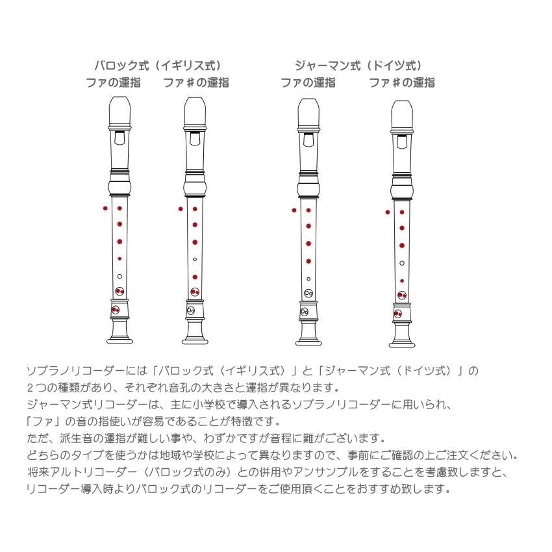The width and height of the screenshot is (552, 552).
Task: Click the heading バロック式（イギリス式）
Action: (158, 65)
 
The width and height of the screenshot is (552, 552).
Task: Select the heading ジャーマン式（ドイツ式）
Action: (358, 65)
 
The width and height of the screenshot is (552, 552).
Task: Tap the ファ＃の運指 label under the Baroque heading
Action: (195, 82)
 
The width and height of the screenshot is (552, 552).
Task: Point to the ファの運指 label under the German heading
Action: (308, 82)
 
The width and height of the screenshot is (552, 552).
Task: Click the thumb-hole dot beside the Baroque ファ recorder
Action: (105, 208)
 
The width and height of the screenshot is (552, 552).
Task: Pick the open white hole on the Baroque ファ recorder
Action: (119, 276)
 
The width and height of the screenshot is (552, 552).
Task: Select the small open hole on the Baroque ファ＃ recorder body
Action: (195, 259)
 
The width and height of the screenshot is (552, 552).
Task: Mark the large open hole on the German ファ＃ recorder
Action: (402, 263)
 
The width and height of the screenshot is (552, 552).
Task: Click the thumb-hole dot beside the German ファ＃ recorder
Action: (388, 212)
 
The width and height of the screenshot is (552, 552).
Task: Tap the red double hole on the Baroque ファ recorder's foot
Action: (116, 310)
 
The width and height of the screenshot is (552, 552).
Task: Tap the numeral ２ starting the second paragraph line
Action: (31, 388)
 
